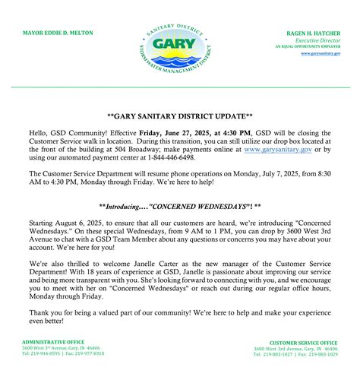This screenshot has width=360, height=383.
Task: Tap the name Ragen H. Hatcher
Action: [x=318, y=34]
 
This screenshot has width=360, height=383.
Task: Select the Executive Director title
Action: [x=323, y=40]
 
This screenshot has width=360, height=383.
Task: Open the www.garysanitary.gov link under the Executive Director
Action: [x=325, y=53]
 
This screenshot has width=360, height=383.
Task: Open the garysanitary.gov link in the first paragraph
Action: [x=276, y=148]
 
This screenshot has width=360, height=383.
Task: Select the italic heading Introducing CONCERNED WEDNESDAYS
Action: [x=180, y=206]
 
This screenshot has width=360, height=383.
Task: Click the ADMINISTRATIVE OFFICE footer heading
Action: [x=51, y=342]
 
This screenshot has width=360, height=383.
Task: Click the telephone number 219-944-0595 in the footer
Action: [x=43, y=353]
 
